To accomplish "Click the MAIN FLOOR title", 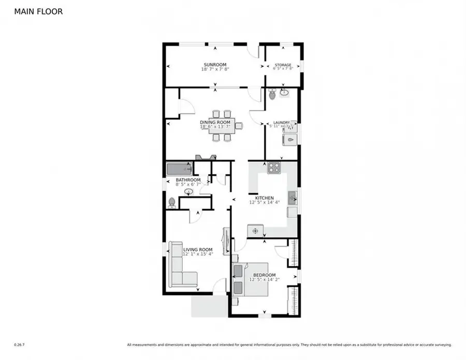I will pyautogui.click(x=39, y=11).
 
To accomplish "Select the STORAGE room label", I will pyautogui.click(x=283, y=65).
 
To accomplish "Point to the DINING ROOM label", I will pyautogui.click(x=215, y=122).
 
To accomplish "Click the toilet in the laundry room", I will pyautogui.click(x=272, y=95).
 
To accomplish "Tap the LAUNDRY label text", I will pyautogui.click(x=281, y=123).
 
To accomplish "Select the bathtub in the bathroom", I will pyautogui.click(x=179, y=168).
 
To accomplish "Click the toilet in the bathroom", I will pyautogui.click(x=171, y=202).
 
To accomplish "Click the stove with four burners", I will pyautogui.click(x=273, y=168).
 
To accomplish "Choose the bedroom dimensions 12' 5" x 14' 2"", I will pyautogui.click(x=264, y=280).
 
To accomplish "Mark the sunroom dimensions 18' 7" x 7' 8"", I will pyautogui.click(x=215, y=69).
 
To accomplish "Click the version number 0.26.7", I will pyautogui.click(x=19, y=344).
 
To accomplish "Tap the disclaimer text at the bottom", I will pyautogui.click(x=289, y=344).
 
